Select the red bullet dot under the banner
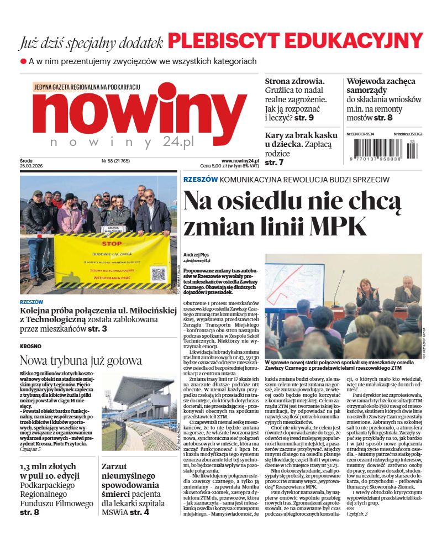tap(23, 61)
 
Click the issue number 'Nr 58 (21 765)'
tap(115, 161)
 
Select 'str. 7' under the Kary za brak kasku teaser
tap(274, 162)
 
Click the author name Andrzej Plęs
tap(197, 255)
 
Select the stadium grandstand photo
tap(139, 412)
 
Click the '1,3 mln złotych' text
tap(50, 466)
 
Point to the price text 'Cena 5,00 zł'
tap(216, 166)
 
